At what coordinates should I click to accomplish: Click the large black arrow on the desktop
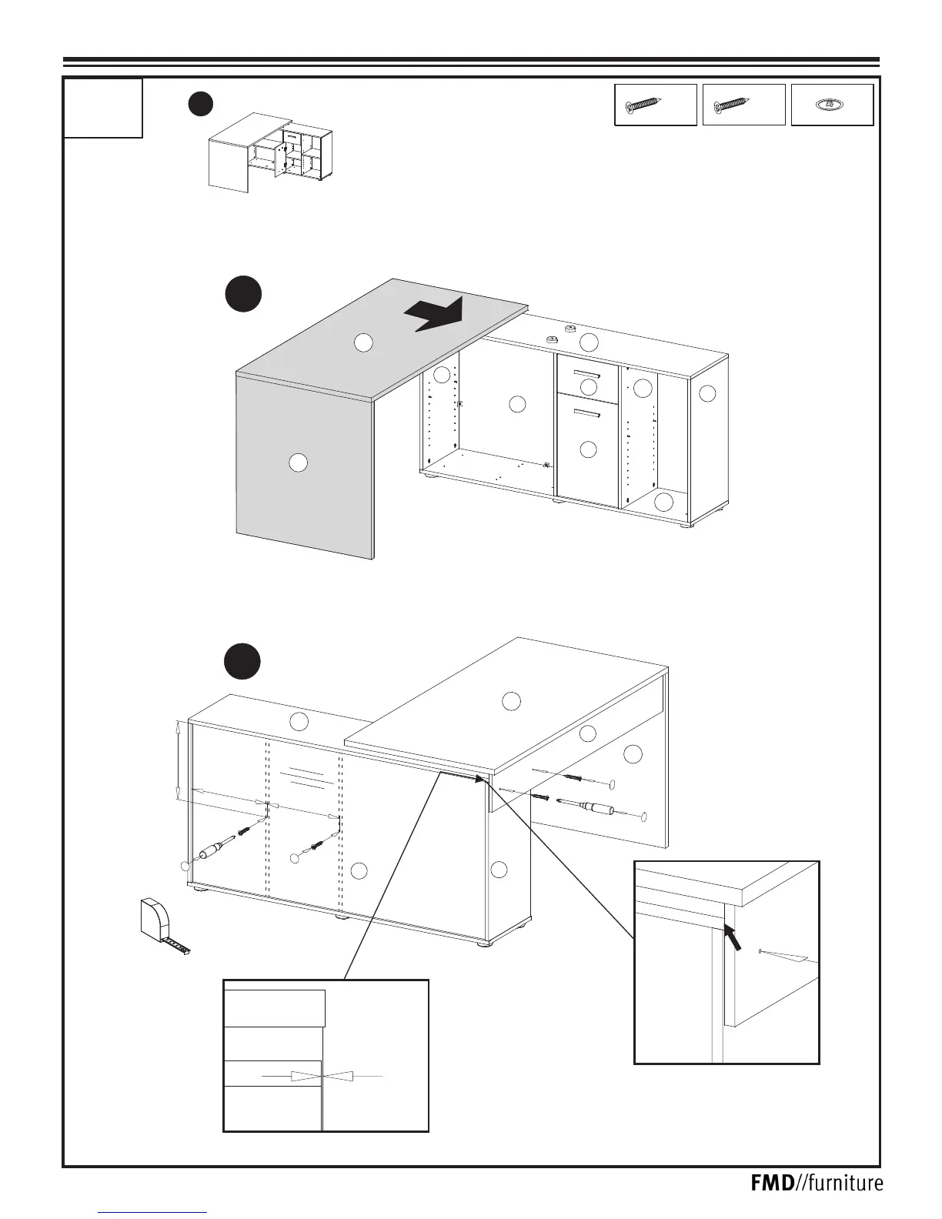tap(435, 314)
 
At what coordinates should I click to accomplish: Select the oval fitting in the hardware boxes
tap(832, 105)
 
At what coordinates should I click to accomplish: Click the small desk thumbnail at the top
tap(270, 152)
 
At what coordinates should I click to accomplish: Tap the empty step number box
tap(103, 108)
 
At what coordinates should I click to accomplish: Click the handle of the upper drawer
tap(587, 375)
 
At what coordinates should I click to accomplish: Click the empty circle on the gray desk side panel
tap(298, 463)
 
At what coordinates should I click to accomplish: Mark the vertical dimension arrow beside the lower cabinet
tap(179, 760)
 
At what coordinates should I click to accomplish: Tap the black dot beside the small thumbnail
tap(201, 104)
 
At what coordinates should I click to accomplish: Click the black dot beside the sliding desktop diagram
tap(243, 295)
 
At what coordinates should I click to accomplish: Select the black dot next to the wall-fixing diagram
tap(242, 662)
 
